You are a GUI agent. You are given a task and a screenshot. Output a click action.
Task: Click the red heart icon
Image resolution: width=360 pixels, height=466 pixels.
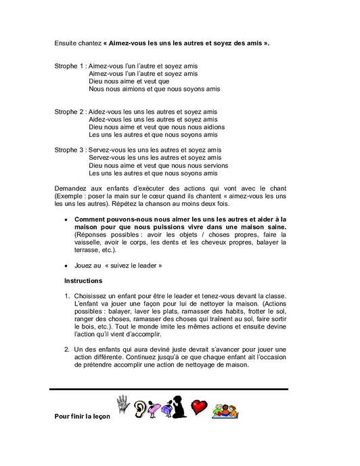coord(198,408)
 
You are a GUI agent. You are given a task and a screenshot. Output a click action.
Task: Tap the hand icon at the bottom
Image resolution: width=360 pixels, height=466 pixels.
coord(122,404)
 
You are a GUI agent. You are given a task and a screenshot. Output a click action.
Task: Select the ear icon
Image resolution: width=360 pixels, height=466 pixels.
coord(141,408)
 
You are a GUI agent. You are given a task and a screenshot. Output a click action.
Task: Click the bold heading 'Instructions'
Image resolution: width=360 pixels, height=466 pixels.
coord(83,280)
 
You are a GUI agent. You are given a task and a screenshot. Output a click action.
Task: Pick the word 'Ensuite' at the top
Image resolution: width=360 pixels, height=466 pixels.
coord(66,43)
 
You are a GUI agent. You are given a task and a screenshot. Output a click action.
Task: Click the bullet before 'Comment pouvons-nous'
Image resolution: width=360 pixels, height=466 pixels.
coord(66,219)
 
